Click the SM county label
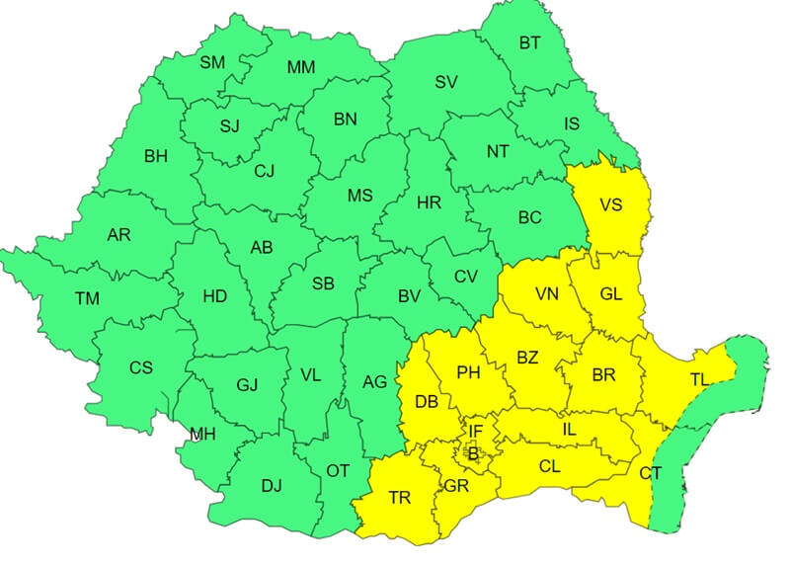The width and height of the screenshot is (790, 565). coord(212,62)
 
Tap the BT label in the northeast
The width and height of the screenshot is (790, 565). coord(530,42)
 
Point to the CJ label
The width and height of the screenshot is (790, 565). coord(264,171)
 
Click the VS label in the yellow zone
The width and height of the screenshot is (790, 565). coord(611,205)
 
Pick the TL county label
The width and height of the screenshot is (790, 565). coord(699,378)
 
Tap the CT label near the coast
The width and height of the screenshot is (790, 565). coord(650,474)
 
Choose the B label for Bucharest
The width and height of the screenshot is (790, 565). coord(473,454)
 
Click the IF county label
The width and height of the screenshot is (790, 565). coord(476,431)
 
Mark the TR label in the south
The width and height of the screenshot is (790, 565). coord(399,498)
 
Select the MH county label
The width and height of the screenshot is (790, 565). coord(202,434)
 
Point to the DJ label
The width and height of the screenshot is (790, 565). coord(272,485)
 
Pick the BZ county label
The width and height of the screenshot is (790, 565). coord(527,358)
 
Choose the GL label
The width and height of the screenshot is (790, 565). coord(611,294)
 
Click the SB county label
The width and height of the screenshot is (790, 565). coord(323,283)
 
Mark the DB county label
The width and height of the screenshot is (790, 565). coord(427,402)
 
